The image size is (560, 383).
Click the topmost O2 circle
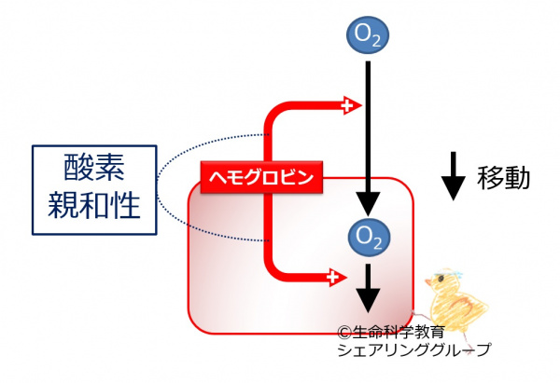(368, 36)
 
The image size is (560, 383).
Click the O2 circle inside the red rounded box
(368, 233)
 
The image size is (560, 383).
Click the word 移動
(504, 178)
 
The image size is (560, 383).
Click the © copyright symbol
(344, 331)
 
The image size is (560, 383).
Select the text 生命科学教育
(397, 332)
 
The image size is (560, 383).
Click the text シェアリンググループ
(411, 349)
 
